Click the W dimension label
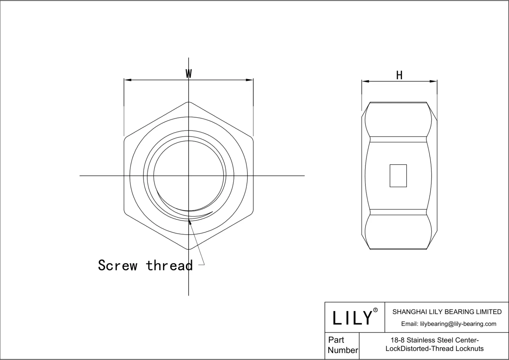click(x=189, y=74)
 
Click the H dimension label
click(x=399, y=75)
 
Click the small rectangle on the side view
click(x=398, y=176)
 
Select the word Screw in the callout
click(x=117, y=265)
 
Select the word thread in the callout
click(x=169, y=265)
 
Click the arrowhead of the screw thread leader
click(x=190, y=222)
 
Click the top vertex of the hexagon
click(x=189, y=102)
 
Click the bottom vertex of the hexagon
click(x=189, y=249)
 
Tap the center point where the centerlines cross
click(x=189, y=176)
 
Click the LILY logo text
click(x=352, y=317)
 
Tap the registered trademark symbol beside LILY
click(x=375, y=310)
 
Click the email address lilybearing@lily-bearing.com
click(x=458, y=324)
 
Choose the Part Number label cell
click(x=342, y=345)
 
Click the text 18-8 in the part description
click(x=397, y=340)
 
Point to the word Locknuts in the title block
click(x=470, y=349)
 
